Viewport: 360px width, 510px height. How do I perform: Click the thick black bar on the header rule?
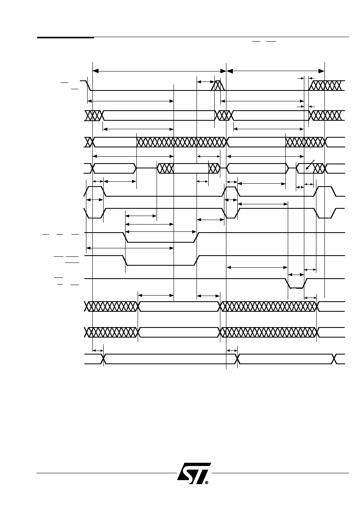pyautogui.click(x=65, y=37)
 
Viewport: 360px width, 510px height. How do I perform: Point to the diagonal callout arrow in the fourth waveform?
pyautogui.click(x=310, y=165)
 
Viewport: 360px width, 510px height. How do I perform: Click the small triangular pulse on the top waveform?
pyautogui.click(x=218, y=86)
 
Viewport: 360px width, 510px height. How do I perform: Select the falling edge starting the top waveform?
pyautogui.click(x=89, y=86)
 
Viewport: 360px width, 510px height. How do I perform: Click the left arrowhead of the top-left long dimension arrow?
pyautogui.click(x=96, y=71)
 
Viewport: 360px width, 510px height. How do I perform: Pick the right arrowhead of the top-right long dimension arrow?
pyautogui.click(x=321, y=71)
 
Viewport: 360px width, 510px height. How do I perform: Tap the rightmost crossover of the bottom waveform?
pyautogui.click(x=334, y=359)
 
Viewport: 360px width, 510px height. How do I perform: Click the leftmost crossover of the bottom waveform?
pyautogui.click(x=104, y=359)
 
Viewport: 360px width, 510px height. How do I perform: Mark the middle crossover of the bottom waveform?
pyautogui.click(x=237, y=359)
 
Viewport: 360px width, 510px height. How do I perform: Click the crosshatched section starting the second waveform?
pyautogui.click(x=93, y=115)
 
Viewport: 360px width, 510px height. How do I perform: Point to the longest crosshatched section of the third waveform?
pyautogui.click(x=181, y=142)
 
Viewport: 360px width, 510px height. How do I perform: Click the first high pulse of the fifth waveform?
pyautogui.click(x=95, y=191)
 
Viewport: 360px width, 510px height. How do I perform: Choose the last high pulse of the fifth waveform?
pyautogui.click(x=325, y=191)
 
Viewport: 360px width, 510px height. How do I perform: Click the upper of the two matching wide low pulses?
pyautogui.click(x=161, y=237)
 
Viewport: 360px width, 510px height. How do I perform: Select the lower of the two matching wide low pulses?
pyautogui.click(x=161, y=260)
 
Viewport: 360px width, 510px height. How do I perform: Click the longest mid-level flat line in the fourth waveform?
pyautogui.click(x=147, y=168)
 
